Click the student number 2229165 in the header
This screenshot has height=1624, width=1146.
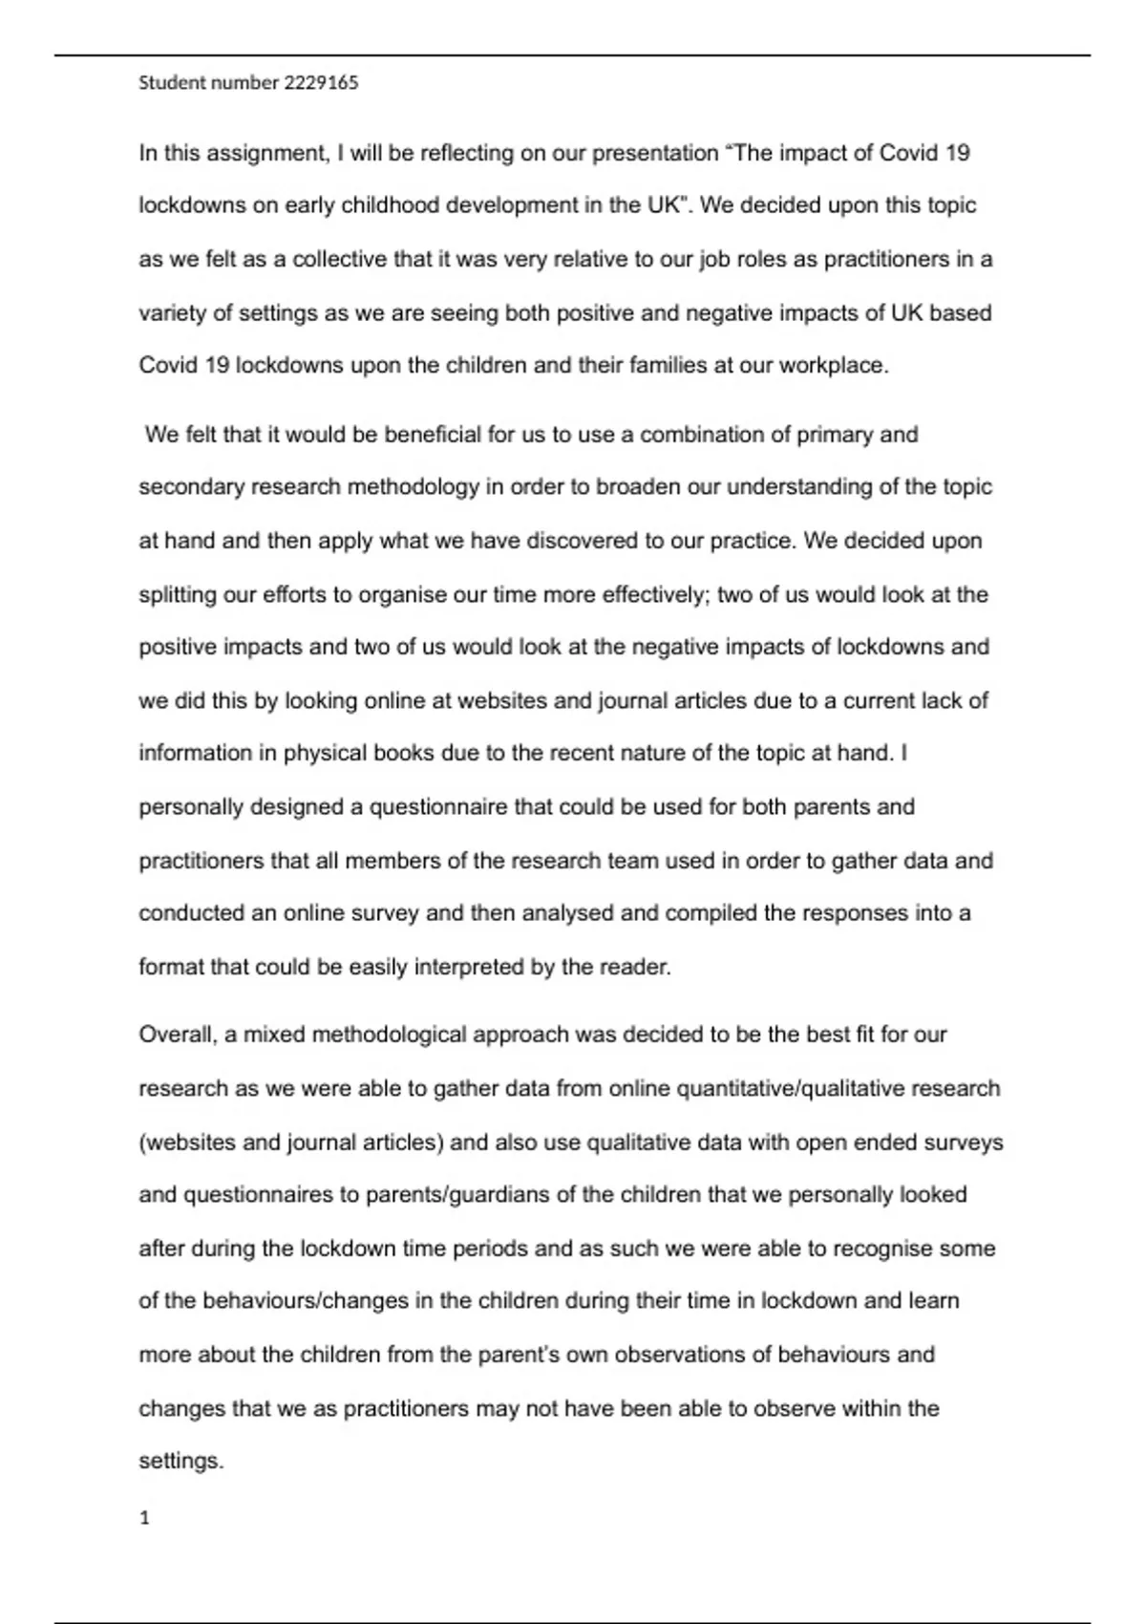pos(321,83)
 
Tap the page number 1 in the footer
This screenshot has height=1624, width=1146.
pos(145,1518)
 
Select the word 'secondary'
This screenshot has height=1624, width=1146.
pos(191,487)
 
